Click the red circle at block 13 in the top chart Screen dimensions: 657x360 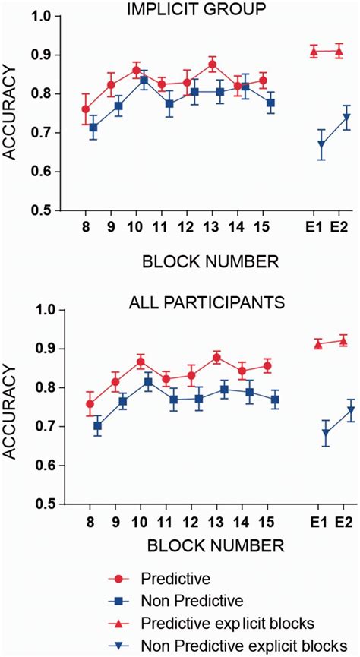point(212,65)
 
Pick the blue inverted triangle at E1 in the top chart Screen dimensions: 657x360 point(322,144)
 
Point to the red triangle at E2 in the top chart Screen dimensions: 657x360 point(339,51)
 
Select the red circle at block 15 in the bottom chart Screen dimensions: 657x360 point(267,366)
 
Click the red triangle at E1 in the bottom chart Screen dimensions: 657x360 point(318,344)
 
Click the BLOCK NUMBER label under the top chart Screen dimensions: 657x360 point(210,262)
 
